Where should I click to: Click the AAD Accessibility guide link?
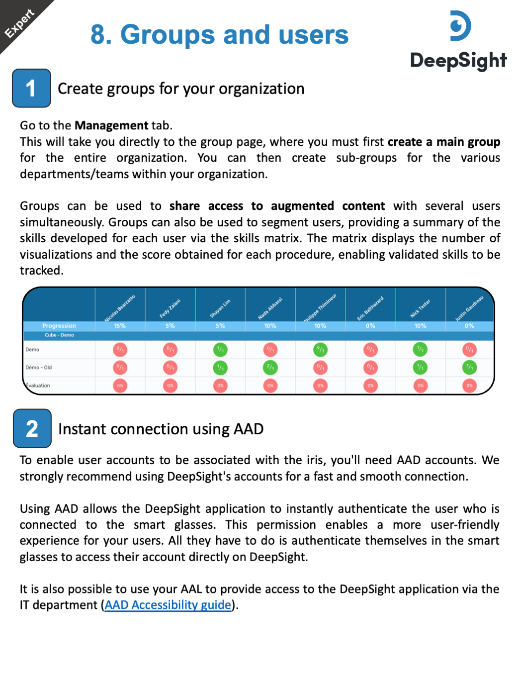point(168,605)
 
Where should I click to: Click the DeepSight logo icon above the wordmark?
point(460,26)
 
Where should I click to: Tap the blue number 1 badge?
point(31,89)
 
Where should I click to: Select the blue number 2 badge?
point(32,428)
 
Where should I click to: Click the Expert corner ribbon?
point(20,22)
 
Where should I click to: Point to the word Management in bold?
point(111,125)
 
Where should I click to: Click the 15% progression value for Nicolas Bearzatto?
point(120,326)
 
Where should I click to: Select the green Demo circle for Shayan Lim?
point(220,350)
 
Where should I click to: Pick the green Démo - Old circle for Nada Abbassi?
point(270,368)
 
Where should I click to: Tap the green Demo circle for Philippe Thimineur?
point(321,350)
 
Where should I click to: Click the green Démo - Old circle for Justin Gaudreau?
point(469,368)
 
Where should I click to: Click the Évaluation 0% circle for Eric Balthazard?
point(370,386)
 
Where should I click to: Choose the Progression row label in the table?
point(59,326)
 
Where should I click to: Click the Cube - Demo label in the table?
point(59,335)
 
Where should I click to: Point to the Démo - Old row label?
point(39,368)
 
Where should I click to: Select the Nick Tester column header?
point(420,308)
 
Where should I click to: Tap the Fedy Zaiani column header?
point(170,308)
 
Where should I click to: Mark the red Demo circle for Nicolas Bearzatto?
point(120,350)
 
